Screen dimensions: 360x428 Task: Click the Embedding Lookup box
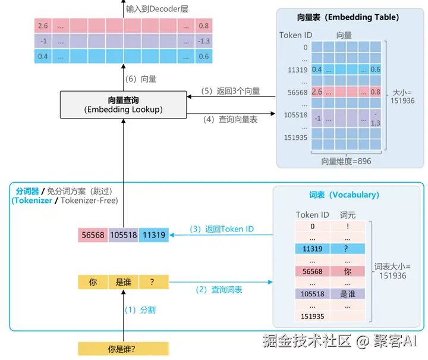tap(124, 105)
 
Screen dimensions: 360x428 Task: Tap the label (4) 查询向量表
tap(231, 119)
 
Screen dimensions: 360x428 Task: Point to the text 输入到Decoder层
tap(156, 9)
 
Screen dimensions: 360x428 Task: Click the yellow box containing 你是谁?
tap(124, 349)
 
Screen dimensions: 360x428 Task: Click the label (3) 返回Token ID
tap(222, 229)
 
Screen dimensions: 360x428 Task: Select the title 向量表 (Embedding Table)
tap(348, 17)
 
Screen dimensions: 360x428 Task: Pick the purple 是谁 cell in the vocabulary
tap(348, 294)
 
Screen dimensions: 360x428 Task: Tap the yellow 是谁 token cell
tap(124, 283)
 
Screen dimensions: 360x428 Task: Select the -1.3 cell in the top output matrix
tap(203, 41)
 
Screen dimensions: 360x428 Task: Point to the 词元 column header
tap(348, 214)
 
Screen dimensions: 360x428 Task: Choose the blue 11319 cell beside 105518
tap(154, 235)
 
